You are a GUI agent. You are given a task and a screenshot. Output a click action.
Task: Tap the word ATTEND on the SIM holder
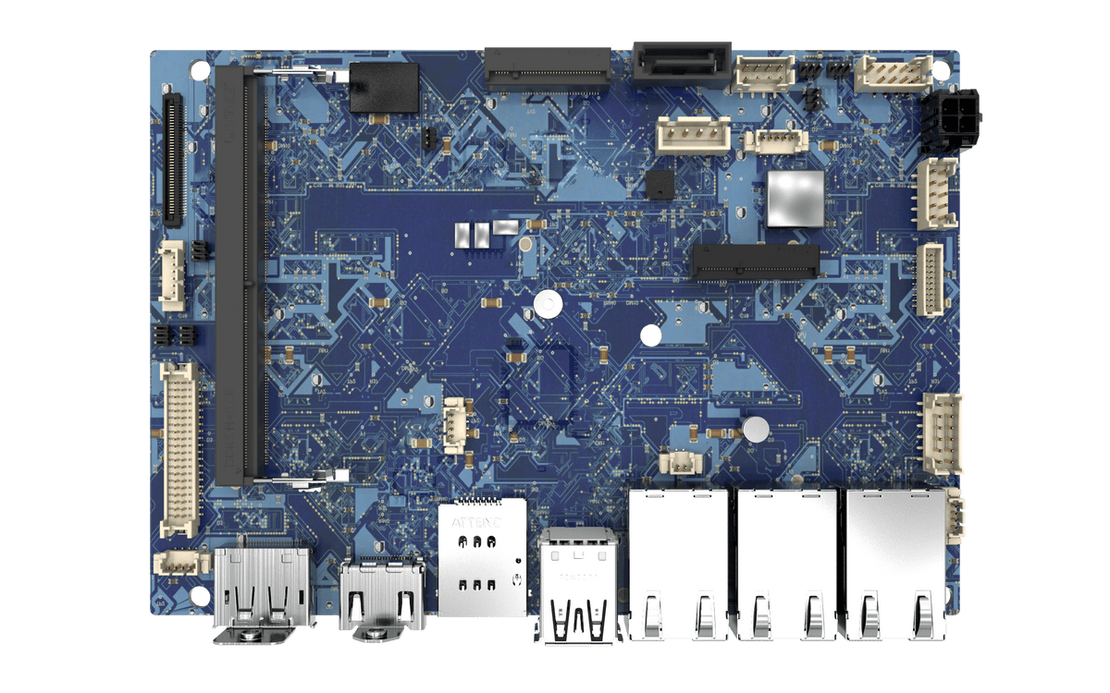click(476, 522)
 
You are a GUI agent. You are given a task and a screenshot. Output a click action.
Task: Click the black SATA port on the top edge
click(683, 64)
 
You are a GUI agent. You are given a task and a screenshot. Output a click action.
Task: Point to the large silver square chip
click(794, 197)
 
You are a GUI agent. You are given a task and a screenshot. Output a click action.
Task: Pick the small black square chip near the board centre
click(660, 184)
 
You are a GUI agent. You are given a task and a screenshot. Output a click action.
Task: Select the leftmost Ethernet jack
click(678, 564)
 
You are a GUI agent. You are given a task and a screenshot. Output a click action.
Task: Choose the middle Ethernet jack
click(787, 564)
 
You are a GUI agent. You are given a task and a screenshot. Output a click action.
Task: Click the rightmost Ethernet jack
click(895, 564)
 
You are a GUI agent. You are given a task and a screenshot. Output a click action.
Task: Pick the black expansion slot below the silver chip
click(756, 261)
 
